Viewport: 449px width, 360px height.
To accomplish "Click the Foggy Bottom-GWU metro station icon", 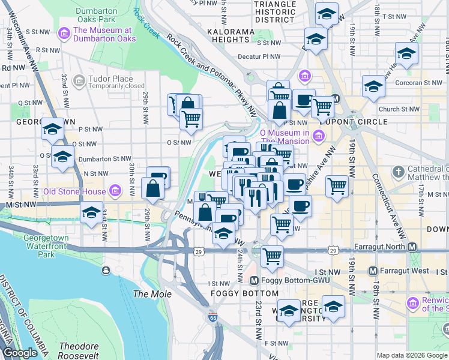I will pos(254,280).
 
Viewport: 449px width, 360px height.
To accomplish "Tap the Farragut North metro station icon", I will pos(412,247).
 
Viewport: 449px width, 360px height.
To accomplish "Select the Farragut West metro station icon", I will pos(373,271).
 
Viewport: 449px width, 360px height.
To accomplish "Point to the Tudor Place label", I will pos(109,79).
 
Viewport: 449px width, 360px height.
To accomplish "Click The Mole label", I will pos(152,294).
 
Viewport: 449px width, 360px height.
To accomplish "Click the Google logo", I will pos(20,353).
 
